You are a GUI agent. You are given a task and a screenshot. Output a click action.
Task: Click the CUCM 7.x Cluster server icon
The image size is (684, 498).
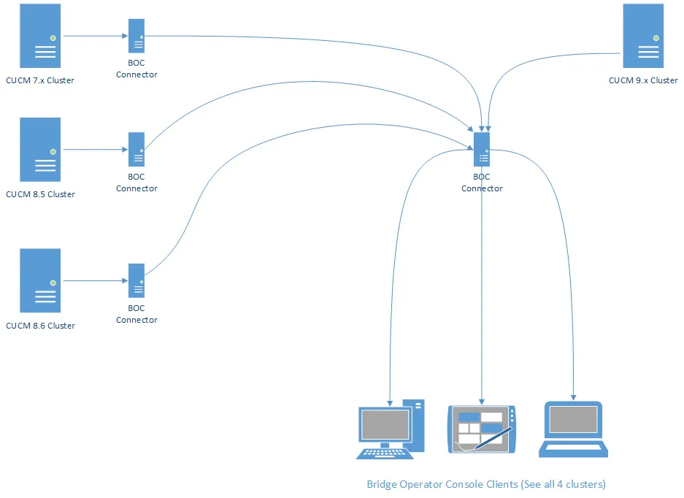click(40, 37)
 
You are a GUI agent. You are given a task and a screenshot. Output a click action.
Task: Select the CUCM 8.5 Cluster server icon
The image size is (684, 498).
click(40, 150)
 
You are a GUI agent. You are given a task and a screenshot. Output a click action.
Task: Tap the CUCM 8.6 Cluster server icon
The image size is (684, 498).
click(40, 281)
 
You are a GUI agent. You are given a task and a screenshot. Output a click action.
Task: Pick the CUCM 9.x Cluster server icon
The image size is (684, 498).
click(643, 37)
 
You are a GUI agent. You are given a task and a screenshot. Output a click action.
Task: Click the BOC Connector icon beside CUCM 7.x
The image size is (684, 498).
click(137, 36)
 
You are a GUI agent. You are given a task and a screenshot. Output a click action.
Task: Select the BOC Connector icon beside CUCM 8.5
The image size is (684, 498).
click(137, 149)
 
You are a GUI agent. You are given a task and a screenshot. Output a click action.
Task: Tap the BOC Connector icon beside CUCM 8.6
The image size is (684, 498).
click(137, 280)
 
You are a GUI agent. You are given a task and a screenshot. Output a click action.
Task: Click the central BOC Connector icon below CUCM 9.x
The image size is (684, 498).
click(482, 150)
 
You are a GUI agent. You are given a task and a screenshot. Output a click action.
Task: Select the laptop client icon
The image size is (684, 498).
click(574, 429)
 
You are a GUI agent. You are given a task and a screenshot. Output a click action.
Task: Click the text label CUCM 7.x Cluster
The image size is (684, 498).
click(40, 80)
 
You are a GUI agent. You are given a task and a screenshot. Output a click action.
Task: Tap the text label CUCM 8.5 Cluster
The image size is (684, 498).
click(40, 194)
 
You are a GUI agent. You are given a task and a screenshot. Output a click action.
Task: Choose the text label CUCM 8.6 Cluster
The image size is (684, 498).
click(40, 326)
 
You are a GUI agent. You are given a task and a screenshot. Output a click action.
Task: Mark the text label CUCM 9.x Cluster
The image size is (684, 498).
click(643, 80)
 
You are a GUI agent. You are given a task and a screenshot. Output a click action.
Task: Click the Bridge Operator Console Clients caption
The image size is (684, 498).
click(486, 484)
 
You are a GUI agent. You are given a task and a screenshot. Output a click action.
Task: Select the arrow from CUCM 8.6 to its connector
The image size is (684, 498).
click(93, 280)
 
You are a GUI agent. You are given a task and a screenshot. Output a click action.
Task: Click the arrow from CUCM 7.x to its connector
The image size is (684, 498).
click(93, 35)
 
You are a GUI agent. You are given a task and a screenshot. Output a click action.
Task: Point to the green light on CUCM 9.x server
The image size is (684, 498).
click(656, 37)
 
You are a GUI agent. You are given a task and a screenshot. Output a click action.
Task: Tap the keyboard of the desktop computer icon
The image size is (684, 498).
click(385, 453)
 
